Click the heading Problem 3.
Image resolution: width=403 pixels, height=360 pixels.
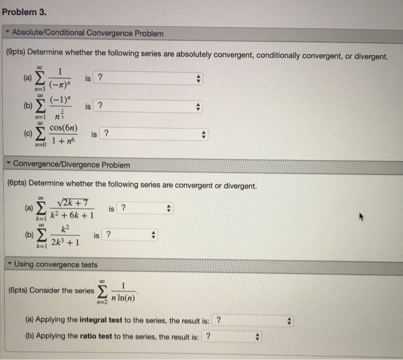pos(24,12)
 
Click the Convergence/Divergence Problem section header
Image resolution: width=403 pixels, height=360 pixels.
pos(71,165)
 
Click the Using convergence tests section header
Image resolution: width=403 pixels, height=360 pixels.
pos(56,265)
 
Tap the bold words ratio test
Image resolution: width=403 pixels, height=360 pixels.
pos(78,337)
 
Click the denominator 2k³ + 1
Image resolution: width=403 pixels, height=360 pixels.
pos(65,242)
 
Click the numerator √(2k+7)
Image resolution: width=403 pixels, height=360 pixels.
pos(71,202)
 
